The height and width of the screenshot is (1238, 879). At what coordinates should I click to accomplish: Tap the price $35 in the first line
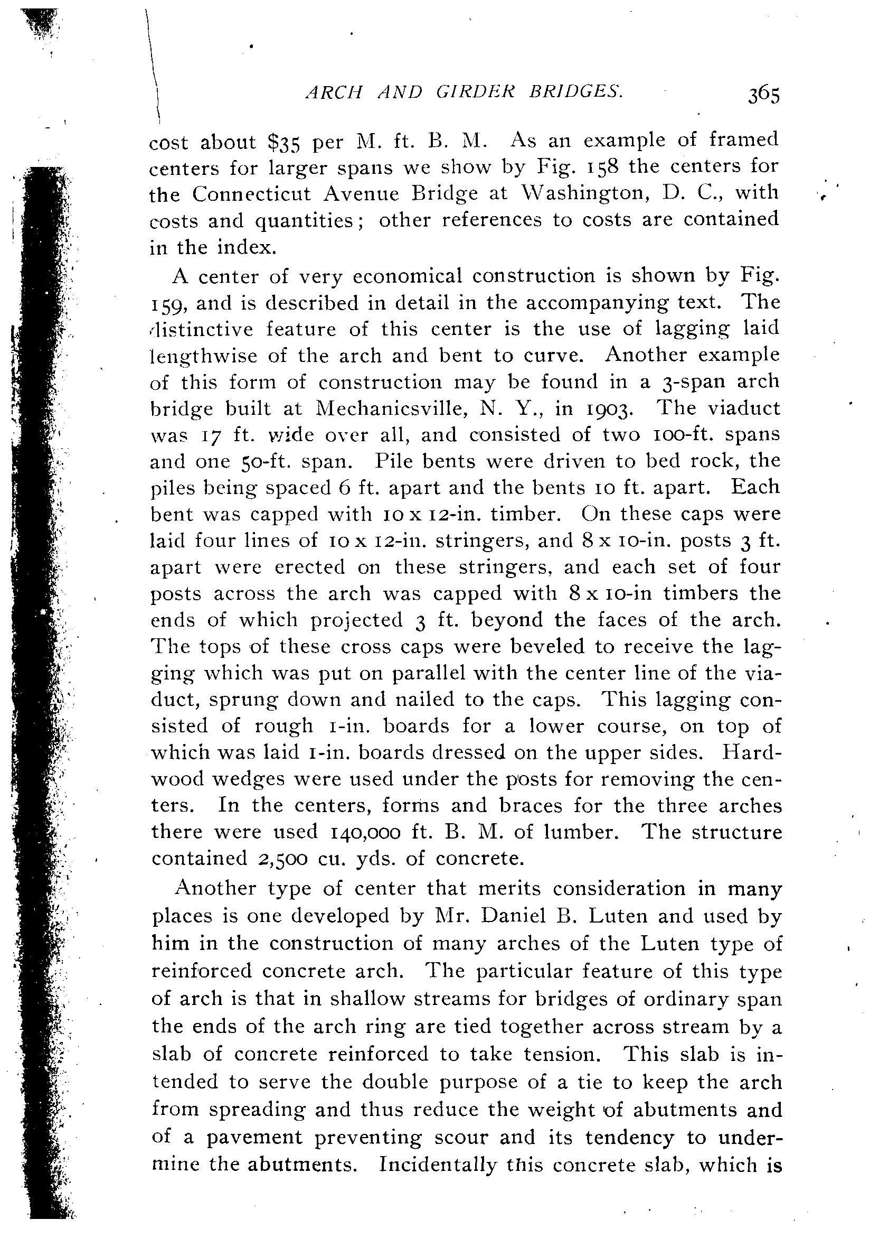(285, 143)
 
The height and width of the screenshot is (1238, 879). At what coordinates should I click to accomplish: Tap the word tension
(566, 1054)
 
